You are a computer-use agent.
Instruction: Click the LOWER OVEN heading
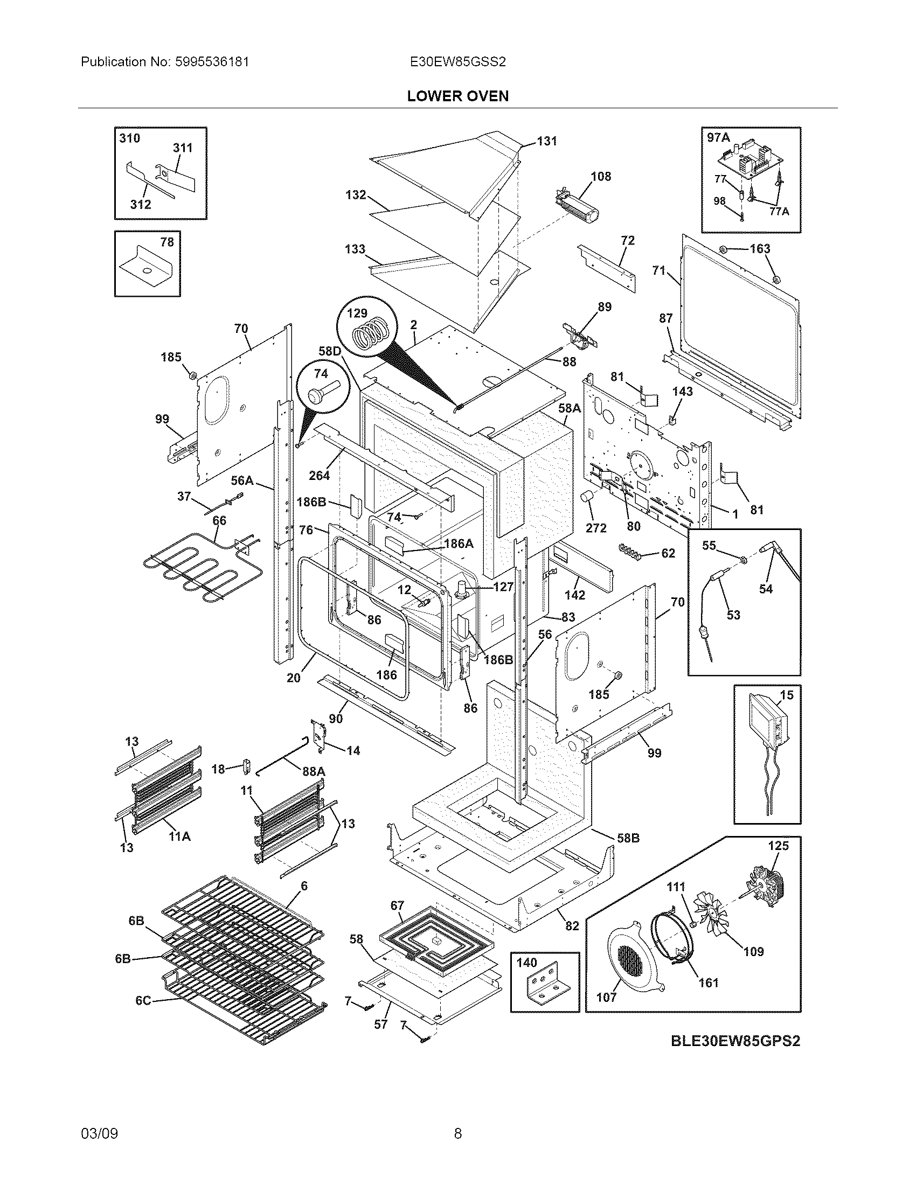click(x=457, y=96)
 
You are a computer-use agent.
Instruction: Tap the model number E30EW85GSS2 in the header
click(x=457, y=62)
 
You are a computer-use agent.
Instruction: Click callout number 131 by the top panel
click(x=547, y=141)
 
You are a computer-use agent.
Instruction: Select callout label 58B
click(x=628, y=838)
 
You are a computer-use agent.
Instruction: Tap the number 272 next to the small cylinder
click(x=596, y=527)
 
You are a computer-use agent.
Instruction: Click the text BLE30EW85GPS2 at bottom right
click(x=735, y=1041)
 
